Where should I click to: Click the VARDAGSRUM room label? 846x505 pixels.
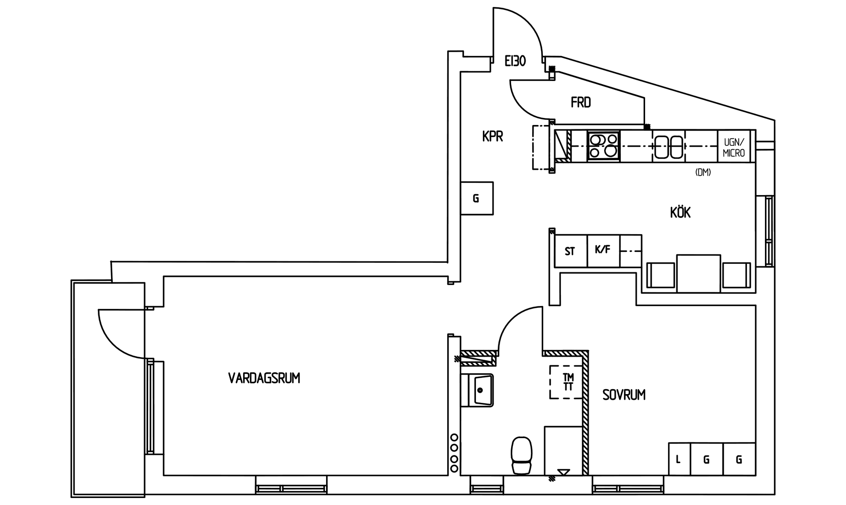[x=264, y=378]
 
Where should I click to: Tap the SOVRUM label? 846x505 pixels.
[x=624, y=395]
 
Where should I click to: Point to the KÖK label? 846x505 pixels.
[x=680, y=212]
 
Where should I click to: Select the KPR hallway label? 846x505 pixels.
[x=493, y=136]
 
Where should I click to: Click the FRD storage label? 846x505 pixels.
[x=581, y=103]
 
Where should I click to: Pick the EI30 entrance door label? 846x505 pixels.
[x=515, y=61]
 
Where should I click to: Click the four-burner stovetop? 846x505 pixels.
[x=603, y=146]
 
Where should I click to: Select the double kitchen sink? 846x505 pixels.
[x=669, y=147]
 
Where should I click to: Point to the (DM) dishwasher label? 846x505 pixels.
[x=703, y=172]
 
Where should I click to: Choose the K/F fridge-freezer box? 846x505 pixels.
[x=603, y=251]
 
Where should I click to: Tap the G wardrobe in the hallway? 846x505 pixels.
[x=477, y=198]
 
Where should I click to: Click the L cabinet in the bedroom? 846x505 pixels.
[x=679, y=459]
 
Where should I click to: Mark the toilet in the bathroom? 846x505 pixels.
[x=521, y=455]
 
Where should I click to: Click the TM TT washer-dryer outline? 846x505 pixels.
[x=567, y=382]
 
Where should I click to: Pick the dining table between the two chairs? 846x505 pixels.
[x=698, y=273]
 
